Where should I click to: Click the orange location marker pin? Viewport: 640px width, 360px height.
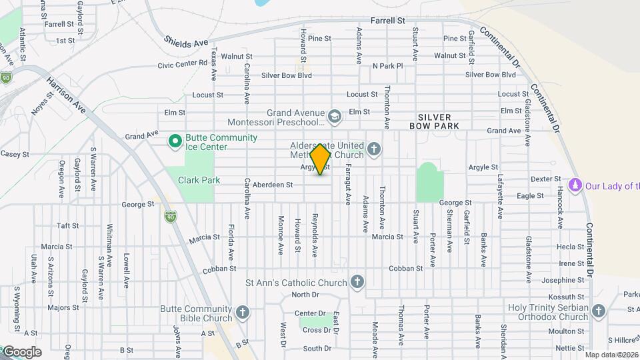(321, 159)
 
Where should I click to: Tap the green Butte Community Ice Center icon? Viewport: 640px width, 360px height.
(175, 141)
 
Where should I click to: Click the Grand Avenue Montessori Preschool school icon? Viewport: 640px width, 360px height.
(334, 117)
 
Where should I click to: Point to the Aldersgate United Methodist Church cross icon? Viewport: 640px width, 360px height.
(374, 149)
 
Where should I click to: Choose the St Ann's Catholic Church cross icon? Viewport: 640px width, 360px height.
(357, 282)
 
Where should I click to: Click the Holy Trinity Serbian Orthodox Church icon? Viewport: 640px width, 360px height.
(599, 311)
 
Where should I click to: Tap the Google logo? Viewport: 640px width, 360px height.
(21, 351)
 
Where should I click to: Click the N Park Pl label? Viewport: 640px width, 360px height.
(388, 66)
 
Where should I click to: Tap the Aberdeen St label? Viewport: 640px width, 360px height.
(273, 185)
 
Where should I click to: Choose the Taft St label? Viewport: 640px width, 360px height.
(68, 226)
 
